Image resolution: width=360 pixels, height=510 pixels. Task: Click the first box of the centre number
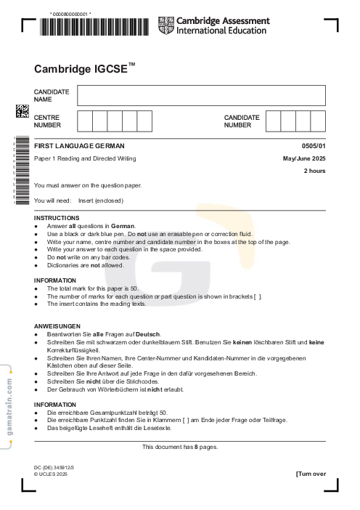pyautogui.click(x=84, y=121)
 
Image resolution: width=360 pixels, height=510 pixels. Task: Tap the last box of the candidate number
pyautogui.click(x=317, y=121)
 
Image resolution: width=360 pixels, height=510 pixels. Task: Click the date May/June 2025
pyautogui.click(x=304, y=158)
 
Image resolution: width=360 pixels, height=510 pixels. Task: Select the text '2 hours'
pyautogui.click(x=314, y=171)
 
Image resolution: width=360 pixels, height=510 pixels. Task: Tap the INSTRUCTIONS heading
pyautogui.click(x=57, y=218)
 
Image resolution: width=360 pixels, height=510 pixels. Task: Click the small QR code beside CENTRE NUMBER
pyautogui.click(x=22, y=111)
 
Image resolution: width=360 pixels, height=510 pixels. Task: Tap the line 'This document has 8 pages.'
pyautogui.click(x=179, y=447)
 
